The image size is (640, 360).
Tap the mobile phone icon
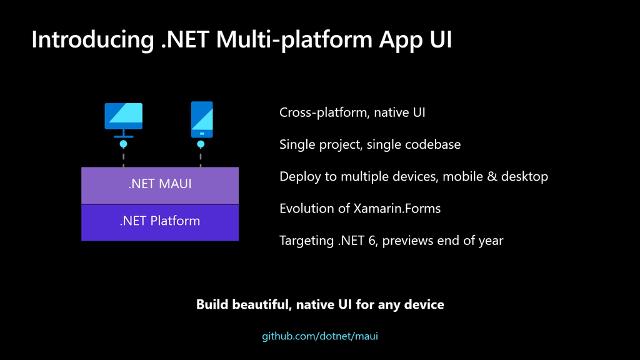(x=201, y=119)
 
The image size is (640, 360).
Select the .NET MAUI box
(x=160, y=185)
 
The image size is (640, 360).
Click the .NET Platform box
(x=160, y=221)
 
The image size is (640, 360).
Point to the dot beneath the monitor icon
(x=123, y=144)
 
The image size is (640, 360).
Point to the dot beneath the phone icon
(x=201, y=144)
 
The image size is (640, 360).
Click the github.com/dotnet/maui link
(x=320, y=336)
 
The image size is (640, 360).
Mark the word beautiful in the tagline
(x=262, y=305)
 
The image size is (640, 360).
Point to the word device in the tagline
(x=425, y=305)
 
